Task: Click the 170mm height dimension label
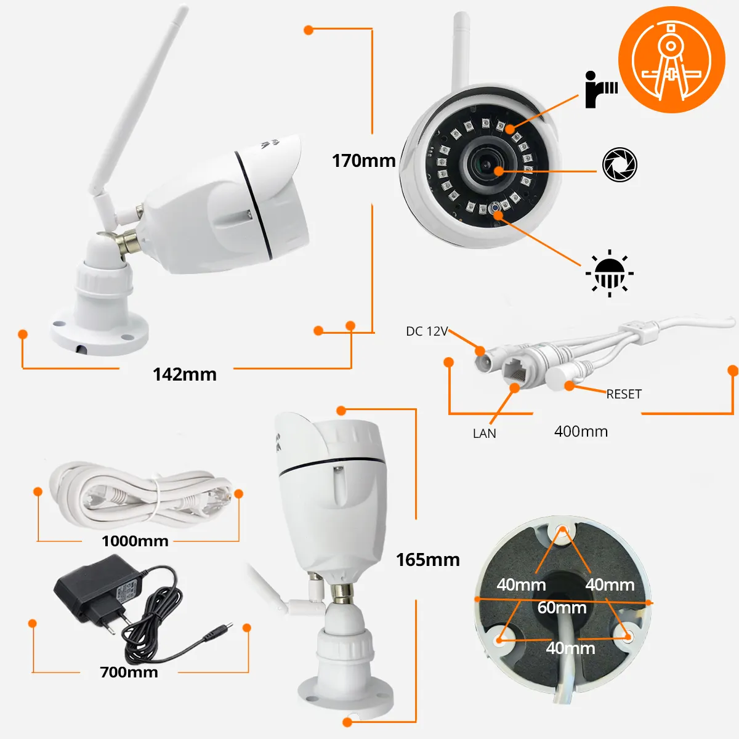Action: (x=363, y=161)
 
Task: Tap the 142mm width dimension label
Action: (x=185, y=374)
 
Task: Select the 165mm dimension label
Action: (x=427, y=560)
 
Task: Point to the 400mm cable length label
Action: (x=581, y=432)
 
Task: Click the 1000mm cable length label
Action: (x=135, y=541)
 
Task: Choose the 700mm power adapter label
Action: (x=129, y=672)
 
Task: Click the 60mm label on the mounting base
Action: (x=562, y=607)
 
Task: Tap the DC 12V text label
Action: (x=427, y=331)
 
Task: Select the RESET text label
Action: (x=624, y=394)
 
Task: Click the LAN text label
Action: (x=485, y=434)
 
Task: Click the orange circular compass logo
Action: (x=671, y=60)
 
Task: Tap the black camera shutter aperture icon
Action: (x=620, y=164)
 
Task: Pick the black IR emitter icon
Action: (x=601, y=89)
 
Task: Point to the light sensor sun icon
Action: (x=610, y=273)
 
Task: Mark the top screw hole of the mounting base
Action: (x=562, y=532)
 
